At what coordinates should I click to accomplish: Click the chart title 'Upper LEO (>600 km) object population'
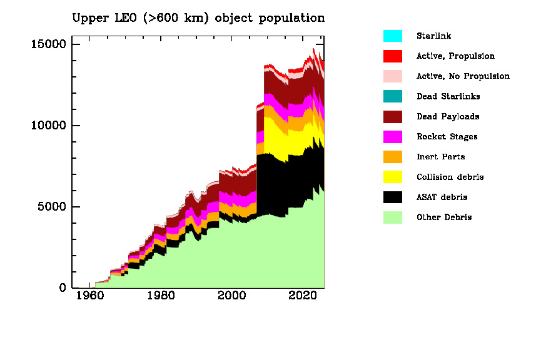[x=198, y=17]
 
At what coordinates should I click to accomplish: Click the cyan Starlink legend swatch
[x=392, y=36]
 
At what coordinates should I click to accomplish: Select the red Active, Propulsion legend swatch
[x=392, y=56]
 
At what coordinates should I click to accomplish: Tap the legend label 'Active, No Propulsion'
[x=463, y=76]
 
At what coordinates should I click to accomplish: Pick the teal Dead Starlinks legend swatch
[x=392, y=96]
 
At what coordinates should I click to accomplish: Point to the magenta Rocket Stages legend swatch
[x=392, y=137]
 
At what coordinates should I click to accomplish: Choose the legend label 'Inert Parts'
[x=440, y=157]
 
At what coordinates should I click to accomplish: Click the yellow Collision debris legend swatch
[x=392, y=177]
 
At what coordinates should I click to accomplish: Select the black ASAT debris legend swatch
[x=392, y=197]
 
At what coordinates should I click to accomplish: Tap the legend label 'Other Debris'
[x=444, y=217]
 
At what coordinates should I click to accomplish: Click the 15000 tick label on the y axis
[x=49, y=44]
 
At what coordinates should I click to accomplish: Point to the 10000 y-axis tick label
[x=49, y=126]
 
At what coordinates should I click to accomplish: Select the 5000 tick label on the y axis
[x=53, y=207]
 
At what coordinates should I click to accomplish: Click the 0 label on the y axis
[x=63, y=288]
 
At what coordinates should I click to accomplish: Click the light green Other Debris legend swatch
[x=392, y=217]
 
